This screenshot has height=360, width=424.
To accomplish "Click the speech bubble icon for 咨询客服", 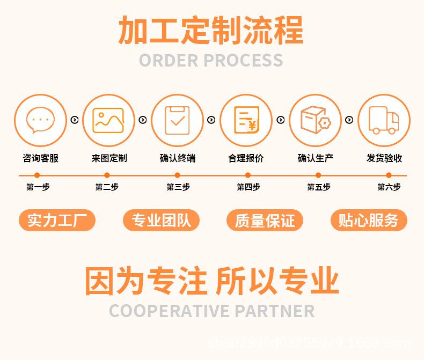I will (40, 120).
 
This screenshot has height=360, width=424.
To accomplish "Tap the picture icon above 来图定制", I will (108, 120).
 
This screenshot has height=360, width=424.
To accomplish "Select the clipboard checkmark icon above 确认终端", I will (177, 120).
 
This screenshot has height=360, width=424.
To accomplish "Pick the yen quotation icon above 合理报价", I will (246, 120).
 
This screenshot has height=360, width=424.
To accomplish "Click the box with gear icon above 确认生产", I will (315, 120).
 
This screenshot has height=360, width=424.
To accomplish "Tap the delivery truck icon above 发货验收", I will (384, 120).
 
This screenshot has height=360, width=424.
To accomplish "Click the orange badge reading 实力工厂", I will (57, 221).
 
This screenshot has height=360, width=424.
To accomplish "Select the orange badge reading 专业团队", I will (161, 221).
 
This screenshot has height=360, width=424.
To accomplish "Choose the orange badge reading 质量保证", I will (265, 221).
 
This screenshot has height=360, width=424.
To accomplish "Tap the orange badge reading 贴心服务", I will (368, 221).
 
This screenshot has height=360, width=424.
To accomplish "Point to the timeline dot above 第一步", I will (37, 175).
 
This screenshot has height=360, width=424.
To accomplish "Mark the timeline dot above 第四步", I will (248, 175).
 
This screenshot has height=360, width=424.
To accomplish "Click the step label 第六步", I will (389, 187).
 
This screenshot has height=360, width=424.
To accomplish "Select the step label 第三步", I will (178, 187).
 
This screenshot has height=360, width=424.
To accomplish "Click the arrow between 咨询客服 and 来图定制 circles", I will (75, 120).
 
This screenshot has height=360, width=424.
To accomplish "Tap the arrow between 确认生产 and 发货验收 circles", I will (349, 120).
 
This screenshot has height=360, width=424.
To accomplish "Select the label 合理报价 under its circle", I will (246, 158).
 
